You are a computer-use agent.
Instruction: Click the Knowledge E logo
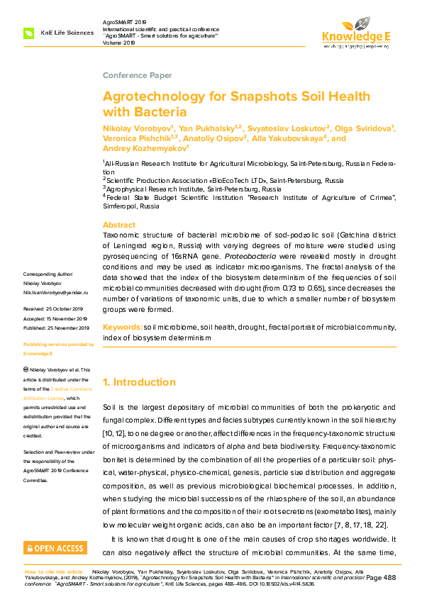point(356,31)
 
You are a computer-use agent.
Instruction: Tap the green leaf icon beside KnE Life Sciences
point(29,33)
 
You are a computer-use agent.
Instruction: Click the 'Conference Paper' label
point(137,75)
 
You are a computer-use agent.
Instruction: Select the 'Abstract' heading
point(119,224)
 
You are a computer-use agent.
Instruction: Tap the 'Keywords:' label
point(122,328)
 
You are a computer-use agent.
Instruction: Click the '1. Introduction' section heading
point(139,382)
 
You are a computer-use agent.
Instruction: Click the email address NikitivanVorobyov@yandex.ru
point(55,292)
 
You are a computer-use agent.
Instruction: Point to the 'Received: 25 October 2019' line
point(54,310)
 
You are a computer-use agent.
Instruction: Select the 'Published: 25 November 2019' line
point(56,328)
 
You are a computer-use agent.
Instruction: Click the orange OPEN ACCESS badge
point(55,548)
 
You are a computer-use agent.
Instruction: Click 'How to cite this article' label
point(54,571)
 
